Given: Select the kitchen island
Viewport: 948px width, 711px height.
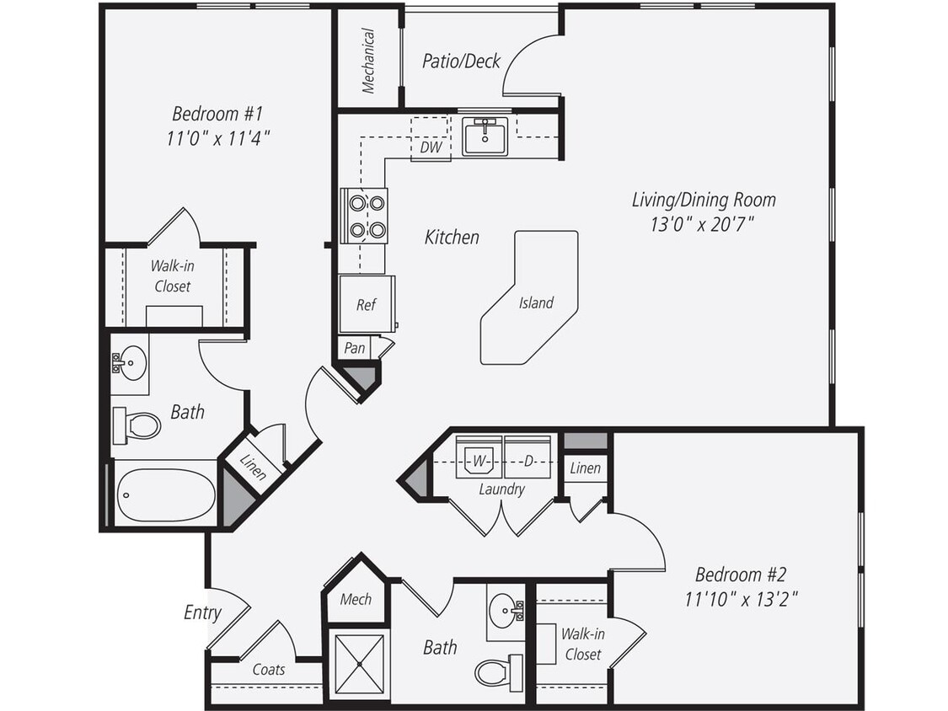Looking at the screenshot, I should click(531, 299).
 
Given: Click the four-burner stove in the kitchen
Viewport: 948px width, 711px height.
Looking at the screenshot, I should click(364, 217).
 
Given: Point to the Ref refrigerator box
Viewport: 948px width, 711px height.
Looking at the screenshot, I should click(366, 304).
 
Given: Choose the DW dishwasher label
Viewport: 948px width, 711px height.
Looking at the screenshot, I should click(430, 147).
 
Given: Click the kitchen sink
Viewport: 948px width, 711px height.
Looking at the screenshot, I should click(485, 136).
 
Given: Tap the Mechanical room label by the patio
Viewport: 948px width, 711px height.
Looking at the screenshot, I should click(368, 61).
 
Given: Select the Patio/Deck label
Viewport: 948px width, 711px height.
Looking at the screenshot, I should click(461, 61).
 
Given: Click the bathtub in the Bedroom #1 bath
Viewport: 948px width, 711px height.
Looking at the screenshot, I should click(165, 494).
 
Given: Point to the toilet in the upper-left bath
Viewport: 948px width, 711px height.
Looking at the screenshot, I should click(137, 425).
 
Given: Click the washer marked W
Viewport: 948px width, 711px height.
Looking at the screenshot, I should click(479, 460).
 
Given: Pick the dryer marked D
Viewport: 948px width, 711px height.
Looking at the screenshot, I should click(528, 460).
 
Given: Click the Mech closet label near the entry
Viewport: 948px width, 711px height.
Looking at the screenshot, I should click(355, 600).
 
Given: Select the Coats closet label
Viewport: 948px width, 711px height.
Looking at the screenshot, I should click(269, 671).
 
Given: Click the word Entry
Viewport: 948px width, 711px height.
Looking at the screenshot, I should click(202, 612).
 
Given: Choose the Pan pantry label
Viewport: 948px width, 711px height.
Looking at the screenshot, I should click(355, 347).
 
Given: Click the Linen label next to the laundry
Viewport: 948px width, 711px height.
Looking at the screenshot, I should click(586, 468).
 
